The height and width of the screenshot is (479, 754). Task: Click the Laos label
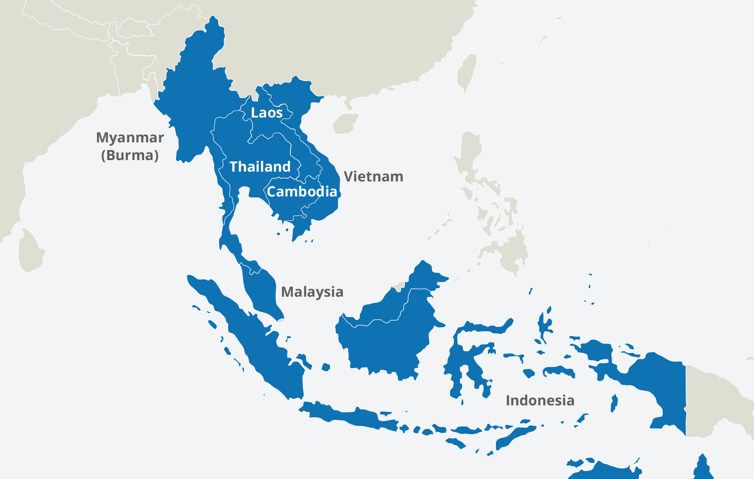[x=267, y=113]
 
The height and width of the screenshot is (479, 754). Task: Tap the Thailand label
[x=260, y=167]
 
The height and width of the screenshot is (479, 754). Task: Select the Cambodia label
[x=302, y=192]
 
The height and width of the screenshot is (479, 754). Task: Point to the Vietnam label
[x=373, y=177]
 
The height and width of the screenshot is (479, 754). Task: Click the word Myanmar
[x=130, y=137]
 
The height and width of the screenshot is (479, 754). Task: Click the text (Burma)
[x=130, y=155]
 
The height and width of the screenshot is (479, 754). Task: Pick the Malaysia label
[x=312, y=292]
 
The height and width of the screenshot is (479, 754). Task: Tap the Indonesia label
[x=540, y=400]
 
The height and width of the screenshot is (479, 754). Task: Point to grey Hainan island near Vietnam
[x=345, y=124]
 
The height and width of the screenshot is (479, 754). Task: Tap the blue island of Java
[x=350, y=417]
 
